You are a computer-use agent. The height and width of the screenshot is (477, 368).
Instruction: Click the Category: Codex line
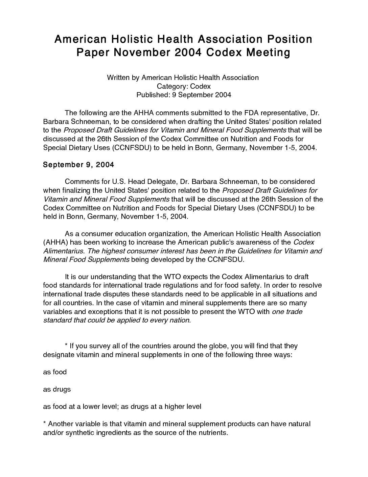pos(184,86)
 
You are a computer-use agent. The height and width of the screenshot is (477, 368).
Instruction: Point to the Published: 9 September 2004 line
pos(184,95)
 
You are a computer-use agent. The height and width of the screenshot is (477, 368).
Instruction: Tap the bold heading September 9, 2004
pos(78,165)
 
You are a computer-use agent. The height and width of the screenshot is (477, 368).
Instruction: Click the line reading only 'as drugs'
pos(57,389)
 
